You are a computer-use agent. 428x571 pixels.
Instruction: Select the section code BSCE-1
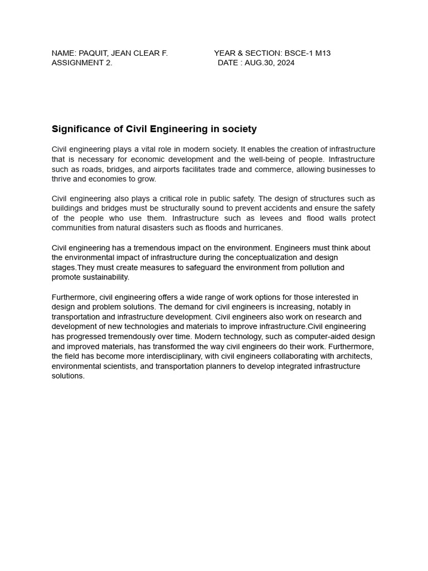tap(298, 53)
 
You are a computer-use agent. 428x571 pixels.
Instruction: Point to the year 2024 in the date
tap(285, 62)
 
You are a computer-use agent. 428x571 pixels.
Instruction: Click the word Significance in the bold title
tap(79, 129)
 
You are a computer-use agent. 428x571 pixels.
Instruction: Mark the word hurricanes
tap(264, 228)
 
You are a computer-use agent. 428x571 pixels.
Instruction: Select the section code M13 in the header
tap(322, 53)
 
